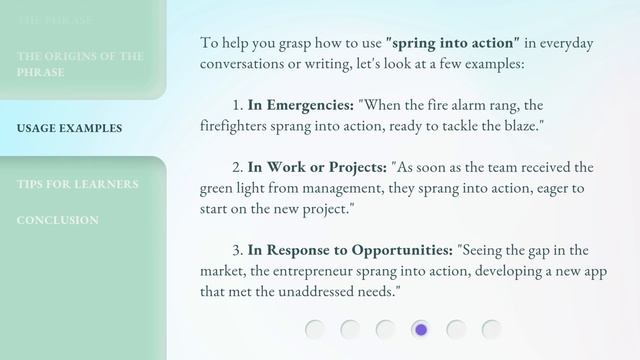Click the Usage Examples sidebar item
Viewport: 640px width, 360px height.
[70, 128]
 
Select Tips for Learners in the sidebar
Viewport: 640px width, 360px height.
[78, 184]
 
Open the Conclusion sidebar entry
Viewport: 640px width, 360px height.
[57, 220]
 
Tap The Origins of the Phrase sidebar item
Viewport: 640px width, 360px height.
[80, 64]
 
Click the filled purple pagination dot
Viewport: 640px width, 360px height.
[421, 329]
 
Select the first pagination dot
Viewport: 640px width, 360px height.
[315, 329]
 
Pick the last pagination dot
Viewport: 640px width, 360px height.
[491, 329]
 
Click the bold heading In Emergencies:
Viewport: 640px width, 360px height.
[300, 104]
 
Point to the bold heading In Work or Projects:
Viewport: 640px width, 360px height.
[317, 166]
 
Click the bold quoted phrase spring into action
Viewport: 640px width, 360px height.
[453, 43]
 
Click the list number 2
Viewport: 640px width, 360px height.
[237, 166]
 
